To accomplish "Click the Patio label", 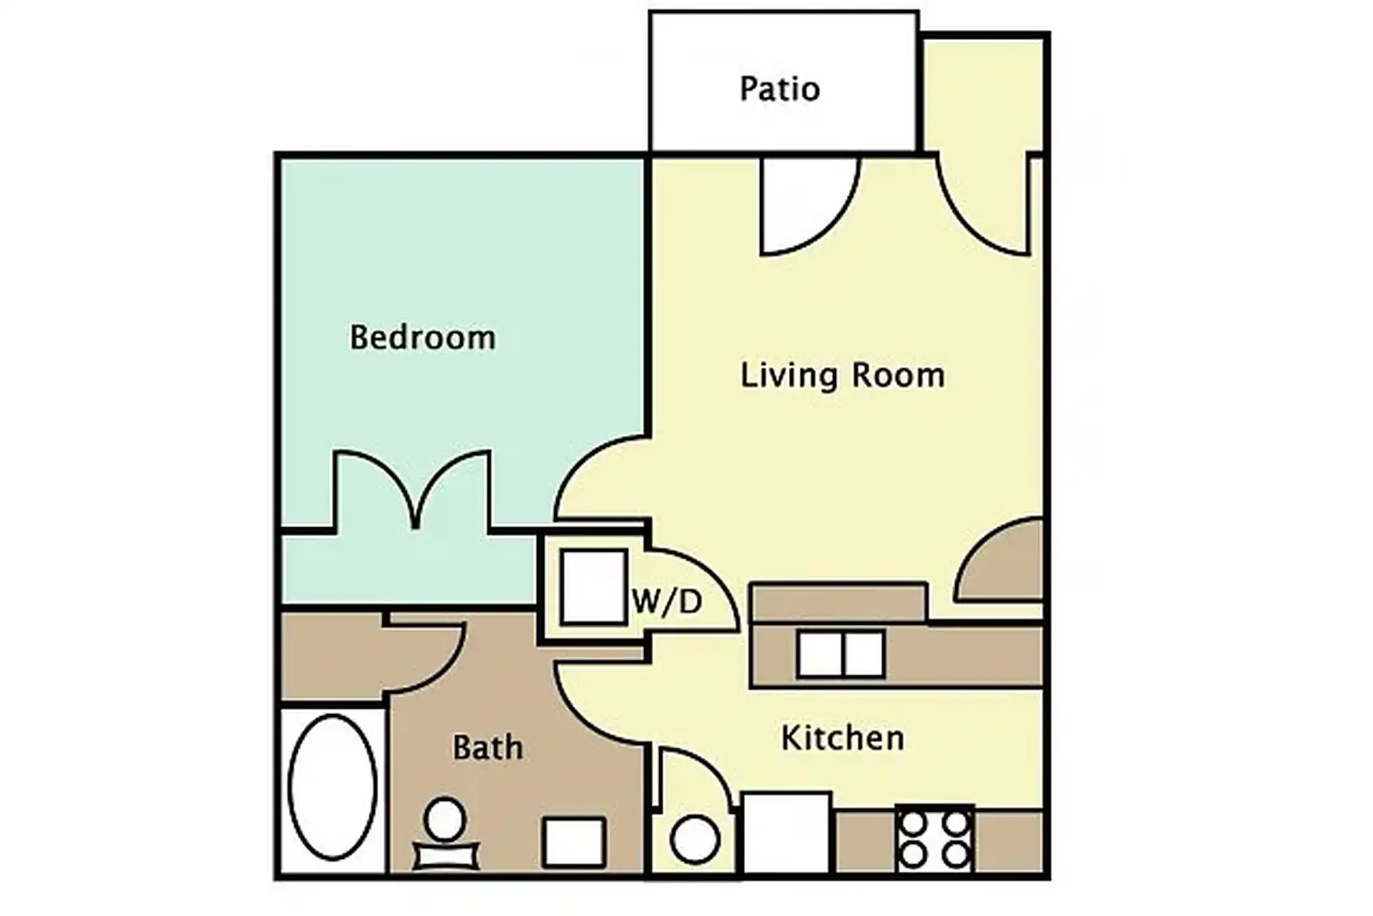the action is [780, 90].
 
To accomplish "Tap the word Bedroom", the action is [423, 337].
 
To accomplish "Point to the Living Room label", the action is [843, 375].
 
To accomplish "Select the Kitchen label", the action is [843, 739].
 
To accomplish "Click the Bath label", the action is [488, 747].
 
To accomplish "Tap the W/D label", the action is [667, 602].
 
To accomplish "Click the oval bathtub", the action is [332, 787].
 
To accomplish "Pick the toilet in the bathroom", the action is [446, 833].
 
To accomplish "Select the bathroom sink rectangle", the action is [574, 843].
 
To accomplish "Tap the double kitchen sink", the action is [841, 654].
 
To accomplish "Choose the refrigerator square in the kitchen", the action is [787, 833].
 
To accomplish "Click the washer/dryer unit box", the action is [594, 586].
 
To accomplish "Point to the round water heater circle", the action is [695, 840].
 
